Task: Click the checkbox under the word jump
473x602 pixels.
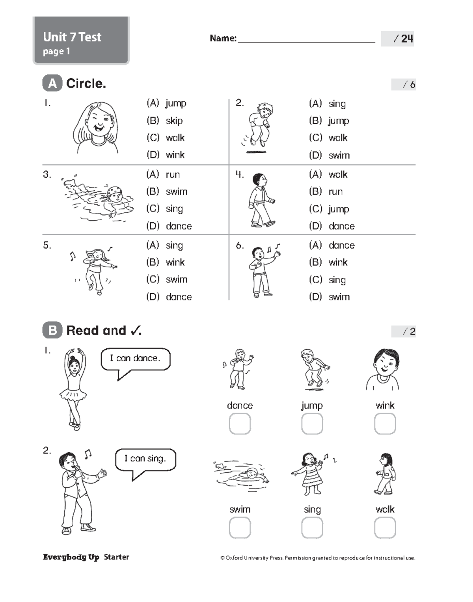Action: [312, 424]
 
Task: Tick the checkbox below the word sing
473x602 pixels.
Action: [312, 528]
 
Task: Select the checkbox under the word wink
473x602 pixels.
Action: [385, 424]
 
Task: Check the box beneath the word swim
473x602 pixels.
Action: [240, 528]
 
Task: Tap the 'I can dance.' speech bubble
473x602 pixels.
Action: [135, 359]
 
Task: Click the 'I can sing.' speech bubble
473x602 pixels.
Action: [145, 459]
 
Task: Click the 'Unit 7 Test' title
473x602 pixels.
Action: [72, 37]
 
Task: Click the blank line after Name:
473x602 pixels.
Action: [306, 39]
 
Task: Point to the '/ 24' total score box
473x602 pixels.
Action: [397, 39]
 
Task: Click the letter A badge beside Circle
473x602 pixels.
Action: [52, 84]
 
